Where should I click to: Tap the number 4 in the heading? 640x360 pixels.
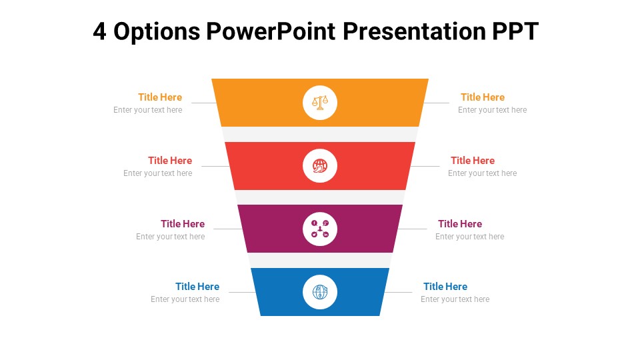(99, 31)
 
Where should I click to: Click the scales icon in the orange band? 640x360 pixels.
(320, 103)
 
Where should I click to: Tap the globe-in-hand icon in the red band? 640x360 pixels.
(320, 165)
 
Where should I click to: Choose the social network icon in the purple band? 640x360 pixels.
(320, 229)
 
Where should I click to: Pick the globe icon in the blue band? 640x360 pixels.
(320, 292)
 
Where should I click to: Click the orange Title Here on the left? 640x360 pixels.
(160, 97)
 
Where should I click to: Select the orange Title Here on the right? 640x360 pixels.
(483, 97)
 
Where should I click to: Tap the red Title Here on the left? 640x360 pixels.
(170, 161)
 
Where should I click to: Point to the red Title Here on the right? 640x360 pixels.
(473, 161)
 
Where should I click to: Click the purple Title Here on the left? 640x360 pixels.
(183, 224)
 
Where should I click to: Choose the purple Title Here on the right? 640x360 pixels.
(460, 224)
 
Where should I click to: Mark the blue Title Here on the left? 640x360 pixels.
(197, 287)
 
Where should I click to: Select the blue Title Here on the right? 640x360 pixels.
(445, 287)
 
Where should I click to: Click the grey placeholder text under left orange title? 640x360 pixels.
(147, 110)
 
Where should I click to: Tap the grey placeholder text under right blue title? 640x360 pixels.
(455, 299)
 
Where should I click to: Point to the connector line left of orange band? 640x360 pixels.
(203, 103)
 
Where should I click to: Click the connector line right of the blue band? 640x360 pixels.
(399, 292)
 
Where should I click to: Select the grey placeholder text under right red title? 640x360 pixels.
(482, 173)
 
